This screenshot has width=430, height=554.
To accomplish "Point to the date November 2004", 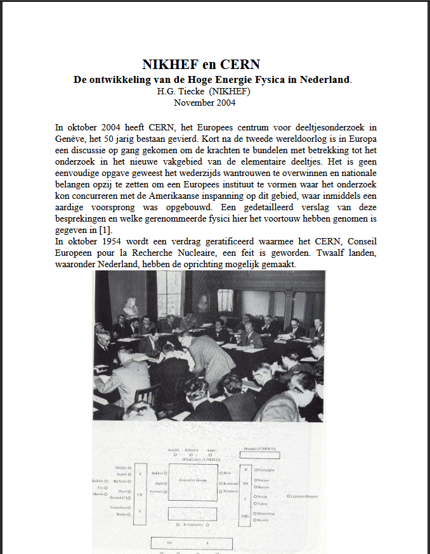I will click(205, 101).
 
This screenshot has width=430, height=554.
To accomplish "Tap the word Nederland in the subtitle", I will click(323, 80).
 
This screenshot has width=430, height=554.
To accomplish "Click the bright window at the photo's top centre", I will click(169, 293).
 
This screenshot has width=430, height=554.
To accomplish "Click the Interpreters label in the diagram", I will click(193, 524).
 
